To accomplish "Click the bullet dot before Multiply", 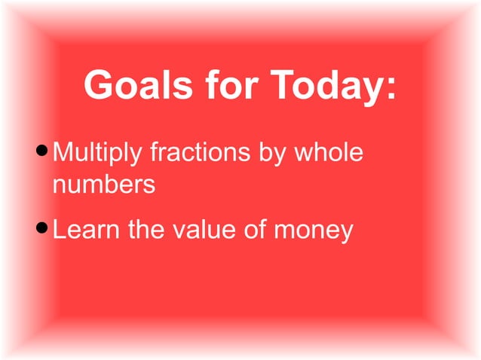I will click(x=43, y=154).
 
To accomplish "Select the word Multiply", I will click(x=98, y=155).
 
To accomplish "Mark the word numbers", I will click(x=104, y=184).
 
